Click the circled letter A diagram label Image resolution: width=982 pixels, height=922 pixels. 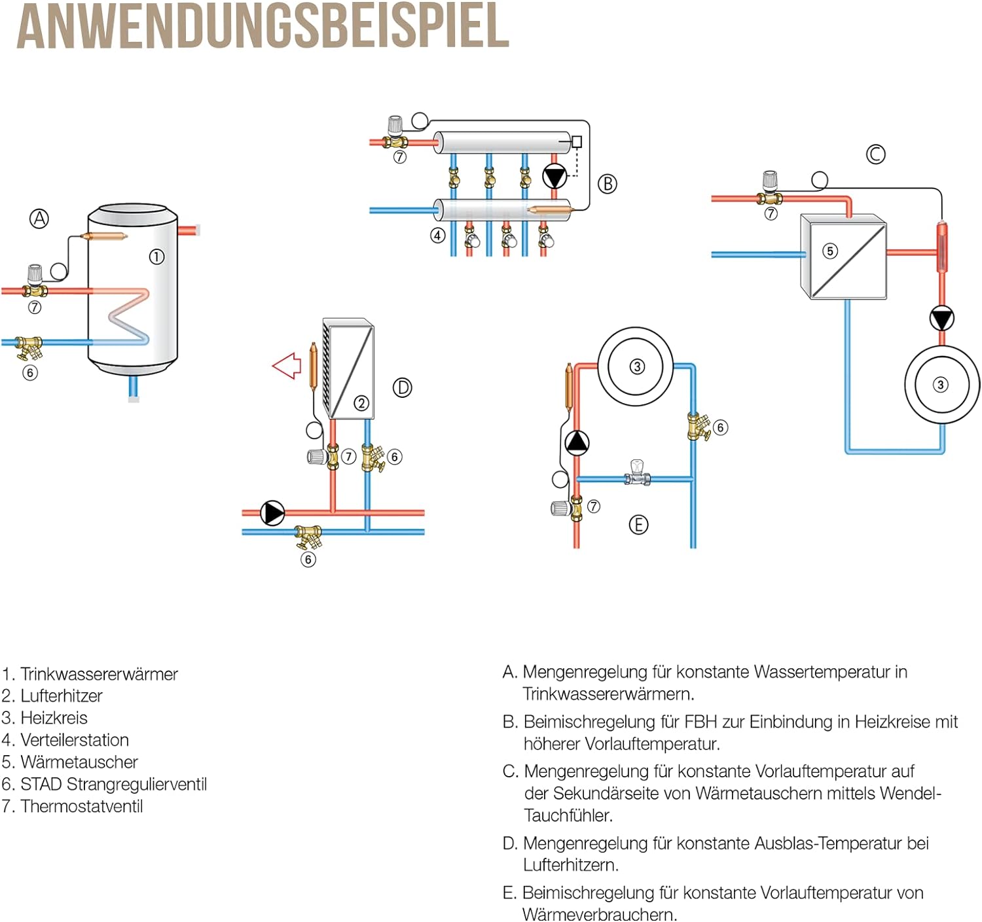39,219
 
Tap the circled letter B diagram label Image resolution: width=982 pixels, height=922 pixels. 608,184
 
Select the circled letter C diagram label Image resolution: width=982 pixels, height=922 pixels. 875,154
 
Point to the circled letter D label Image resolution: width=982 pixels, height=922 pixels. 402,388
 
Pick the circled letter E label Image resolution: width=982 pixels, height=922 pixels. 638,525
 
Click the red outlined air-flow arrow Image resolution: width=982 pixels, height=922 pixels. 286,366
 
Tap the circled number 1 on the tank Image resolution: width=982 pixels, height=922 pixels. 156,257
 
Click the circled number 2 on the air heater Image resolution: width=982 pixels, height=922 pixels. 361,403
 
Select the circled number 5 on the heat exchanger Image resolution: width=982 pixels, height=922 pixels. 830,251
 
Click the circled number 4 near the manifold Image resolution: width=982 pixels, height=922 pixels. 438,236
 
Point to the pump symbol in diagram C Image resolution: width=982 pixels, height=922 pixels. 941,319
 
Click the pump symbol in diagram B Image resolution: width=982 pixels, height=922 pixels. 555,177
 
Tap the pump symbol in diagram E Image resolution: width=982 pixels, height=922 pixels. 577,443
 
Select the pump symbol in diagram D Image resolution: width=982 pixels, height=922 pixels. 272,513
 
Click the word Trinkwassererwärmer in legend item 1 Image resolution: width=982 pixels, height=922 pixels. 99,674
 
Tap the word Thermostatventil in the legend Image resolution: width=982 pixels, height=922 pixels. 81,806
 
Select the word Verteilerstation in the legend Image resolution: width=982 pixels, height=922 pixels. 75,740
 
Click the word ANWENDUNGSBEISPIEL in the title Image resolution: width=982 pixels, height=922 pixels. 263,26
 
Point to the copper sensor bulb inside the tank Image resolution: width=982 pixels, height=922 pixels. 104,236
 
